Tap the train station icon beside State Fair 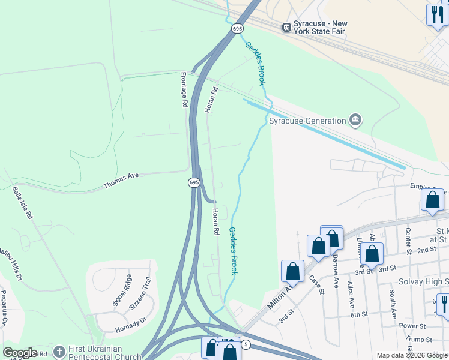click(287, 27)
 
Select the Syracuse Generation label click(307, 121)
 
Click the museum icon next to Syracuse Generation click(355, 121)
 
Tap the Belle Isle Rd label click(22, 203)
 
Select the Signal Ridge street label click(122, 290)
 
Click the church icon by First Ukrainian click(59, 352)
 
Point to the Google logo click(20, 353)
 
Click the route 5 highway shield click(246, 344)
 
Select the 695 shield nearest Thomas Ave click(193, 182)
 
